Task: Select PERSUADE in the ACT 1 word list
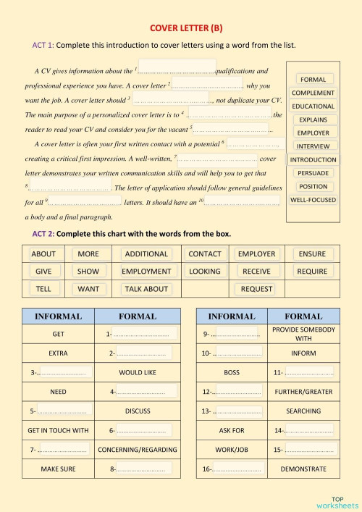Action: [x=313, y=173]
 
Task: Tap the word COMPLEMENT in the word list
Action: [x=313, y=93]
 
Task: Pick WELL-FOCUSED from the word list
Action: [x=313, y=199]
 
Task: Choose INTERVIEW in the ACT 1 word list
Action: [x=313, y=146]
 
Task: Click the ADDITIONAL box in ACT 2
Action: [x=146, y=254]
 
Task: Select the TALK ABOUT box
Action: [x=146, y=288]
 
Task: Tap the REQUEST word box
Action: [x=256, y=288]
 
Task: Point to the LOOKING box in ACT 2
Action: [x=205, y=271]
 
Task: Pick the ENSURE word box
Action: [x=312, y=254]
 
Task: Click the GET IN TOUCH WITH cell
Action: [x=58, y=430]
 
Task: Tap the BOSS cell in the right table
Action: [x=232, y=372]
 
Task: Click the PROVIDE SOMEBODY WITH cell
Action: [x=303, y=334]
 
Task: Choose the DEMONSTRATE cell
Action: [x=303, y=469]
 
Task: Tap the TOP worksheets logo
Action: [x=337, y=502]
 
